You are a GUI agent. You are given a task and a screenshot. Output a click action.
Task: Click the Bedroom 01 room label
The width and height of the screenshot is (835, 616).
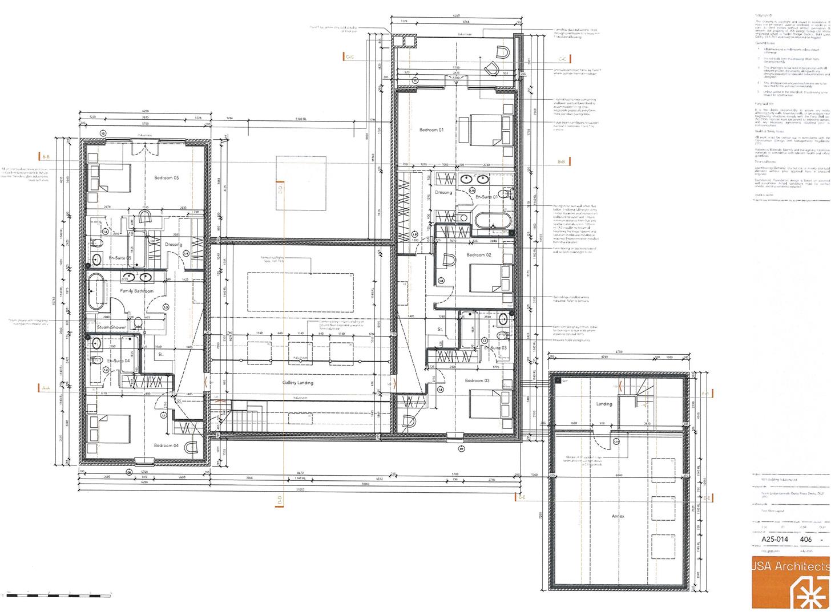(x=431, y=130)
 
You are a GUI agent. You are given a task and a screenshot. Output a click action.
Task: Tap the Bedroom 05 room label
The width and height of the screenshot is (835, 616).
(x=167, y=178)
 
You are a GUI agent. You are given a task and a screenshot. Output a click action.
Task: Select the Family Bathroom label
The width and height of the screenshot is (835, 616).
(x=136, y=291)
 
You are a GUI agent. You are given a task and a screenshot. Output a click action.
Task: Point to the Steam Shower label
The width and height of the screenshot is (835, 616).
(x=111, y=327)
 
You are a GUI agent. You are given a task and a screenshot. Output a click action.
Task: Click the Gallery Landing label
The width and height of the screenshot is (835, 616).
(x=298, y=383)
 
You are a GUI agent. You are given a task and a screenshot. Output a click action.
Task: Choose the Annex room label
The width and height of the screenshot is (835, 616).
(x=618, y=516)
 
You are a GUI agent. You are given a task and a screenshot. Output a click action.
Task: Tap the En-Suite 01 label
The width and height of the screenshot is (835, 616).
(x=487, y=196)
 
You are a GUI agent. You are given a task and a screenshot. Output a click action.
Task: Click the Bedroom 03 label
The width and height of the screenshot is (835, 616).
(x=477, y=380)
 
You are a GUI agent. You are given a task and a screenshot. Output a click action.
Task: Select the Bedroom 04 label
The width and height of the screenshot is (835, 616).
(x=166, y=445)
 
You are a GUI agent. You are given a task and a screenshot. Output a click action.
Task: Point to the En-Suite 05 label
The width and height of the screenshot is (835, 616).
(x=120, y=258)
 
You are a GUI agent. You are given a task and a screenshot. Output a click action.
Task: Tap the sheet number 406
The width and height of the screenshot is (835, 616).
(x=806, y=538)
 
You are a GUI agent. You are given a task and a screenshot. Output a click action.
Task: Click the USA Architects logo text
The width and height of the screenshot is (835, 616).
(x=790, y=566)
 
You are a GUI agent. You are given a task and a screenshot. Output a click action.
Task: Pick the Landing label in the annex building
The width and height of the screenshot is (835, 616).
(x=604, y=404)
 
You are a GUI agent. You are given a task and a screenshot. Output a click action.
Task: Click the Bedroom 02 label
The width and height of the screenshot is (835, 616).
(x=479, y=255)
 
